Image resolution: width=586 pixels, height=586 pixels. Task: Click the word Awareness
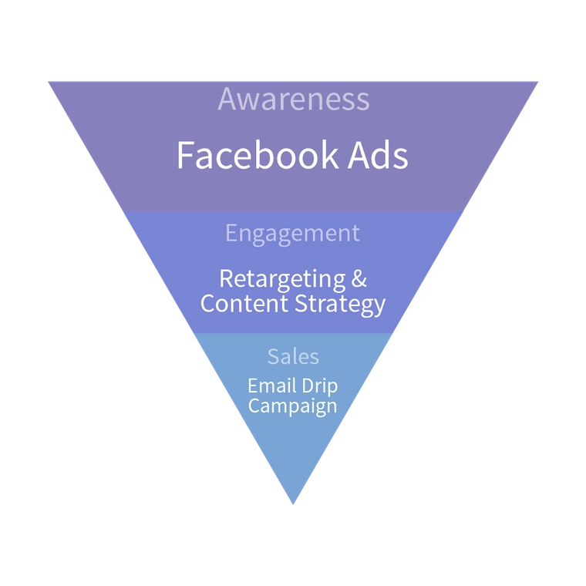pos(293,99)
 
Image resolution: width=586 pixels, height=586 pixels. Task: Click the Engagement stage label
pos(292,234)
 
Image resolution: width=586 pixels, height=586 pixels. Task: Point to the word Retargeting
pos(271,278)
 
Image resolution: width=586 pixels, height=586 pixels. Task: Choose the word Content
pos(244,303)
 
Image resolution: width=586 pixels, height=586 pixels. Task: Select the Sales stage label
pos(293,356)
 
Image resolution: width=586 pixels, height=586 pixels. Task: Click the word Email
pos(271,385)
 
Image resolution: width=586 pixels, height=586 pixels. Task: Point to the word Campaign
pos(292,406)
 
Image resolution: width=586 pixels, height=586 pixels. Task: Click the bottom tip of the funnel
pos(293,503)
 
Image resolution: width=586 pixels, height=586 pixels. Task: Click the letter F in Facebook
pos(185,155)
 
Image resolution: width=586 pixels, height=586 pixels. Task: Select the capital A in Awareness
pos(227,99)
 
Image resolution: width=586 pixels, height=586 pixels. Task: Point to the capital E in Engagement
pos(231,233)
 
